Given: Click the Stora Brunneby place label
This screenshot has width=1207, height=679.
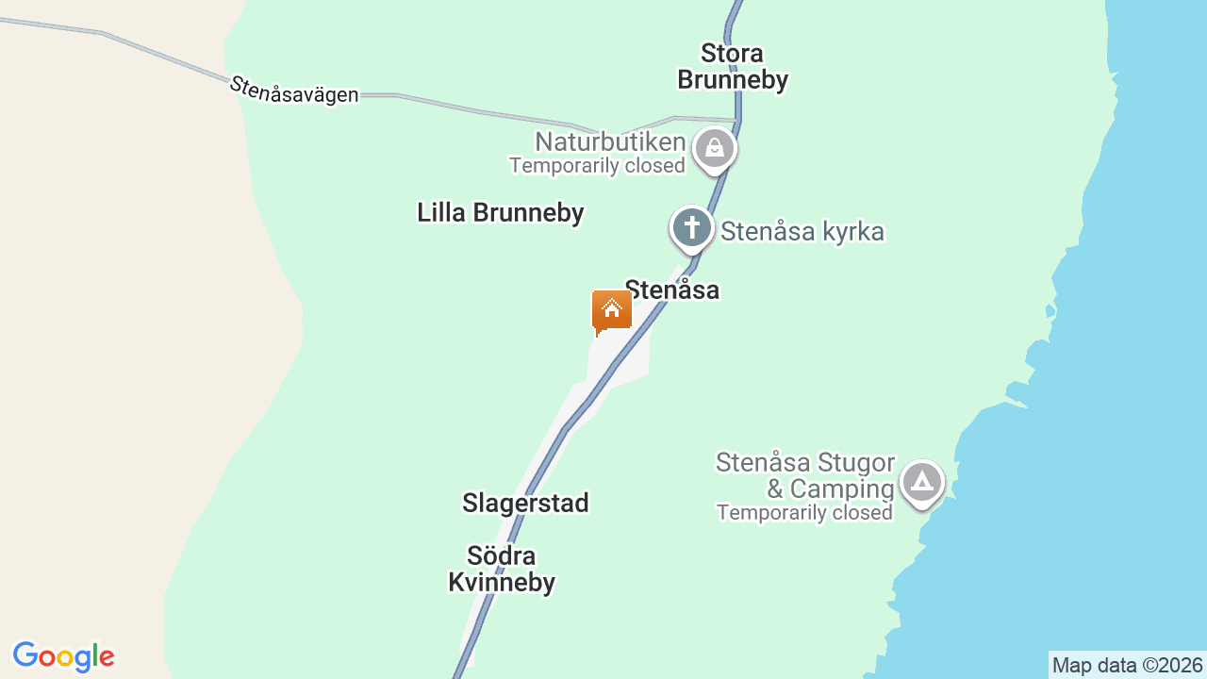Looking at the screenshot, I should (733, 66).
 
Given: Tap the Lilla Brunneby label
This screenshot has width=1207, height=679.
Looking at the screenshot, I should (501, 213).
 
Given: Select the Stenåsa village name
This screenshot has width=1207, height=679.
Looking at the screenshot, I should (672, 290).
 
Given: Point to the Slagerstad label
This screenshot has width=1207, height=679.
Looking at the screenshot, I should (525, 504).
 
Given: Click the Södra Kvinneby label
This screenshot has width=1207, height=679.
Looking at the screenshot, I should (502, 569).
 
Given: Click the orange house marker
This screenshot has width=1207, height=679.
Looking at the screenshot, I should (611, 310).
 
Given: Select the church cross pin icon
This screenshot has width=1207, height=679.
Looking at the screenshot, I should (692, 228).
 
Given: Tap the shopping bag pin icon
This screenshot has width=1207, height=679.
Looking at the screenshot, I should (715, 149).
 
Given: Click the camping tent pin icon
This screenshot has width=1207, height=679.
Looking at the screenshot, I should (921, 483).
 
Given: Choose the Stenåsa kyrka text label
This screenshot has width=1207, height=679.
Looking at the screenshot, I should (802, 232).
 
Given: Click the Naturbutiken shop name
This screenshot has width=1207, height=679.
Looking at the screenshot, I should (610, 142).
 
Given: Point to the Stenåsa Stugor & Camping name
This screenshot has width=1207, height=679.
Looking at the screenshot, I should (805, 475).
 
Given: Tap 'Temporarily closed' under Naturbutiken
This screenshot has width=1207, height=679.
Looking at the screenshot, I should (597, 166).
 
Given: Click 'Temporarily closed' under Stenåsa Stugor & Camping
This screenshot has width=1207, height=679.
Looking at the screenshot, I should (804, 513).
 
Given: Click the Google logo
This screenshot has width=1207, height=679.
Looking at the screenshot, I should (63, 656).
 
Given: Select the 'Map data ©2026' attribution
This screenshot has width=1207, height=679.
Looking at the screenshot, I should (1127, 666).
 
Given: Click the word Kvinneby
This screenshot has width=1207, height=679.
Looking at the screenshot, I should (502, 583).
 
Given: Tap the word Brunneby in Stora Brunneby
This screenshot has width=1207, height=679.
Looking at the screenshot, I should (733, 80).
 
